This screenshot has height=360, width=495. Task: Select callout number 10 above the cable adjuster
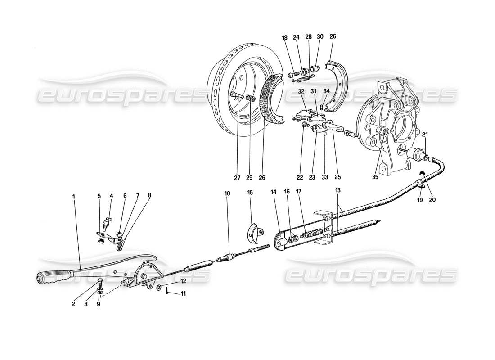[227, 193]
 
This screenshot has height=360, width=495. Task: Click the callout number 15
[250, 193]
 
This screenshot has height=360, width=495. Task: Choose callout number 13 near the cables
[338, 191]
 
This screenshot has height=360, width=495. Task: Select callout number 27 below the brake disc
[237, 178]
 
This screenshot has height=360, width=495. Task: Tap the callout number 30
[320, 36]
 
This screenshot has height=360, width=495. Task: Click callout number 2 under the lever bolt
[73, 304]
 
